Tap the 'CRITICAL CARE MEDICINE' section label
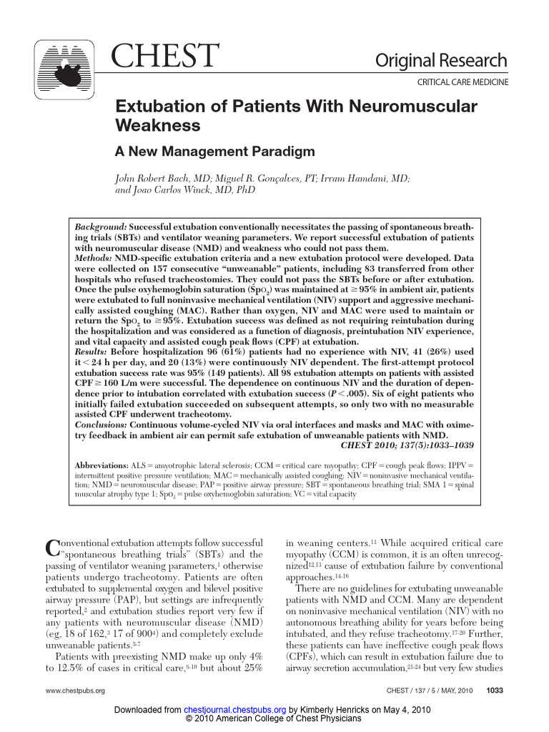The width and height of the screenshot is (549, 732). click(x=463, y=83)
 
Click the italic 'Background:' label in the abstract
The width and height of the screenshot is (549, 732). click(x=101, y=226)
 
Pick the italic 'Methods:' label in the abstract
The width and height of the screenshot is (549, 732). click(x=94, y=257)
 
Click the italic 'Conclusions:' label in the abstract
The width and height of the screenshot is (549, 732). click(x=102, y=423)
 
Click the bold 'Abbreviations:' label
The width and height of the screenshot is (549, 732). click(x=101, y=465)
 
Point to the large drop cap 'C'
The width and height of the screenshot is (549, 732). click(x=51, y=548)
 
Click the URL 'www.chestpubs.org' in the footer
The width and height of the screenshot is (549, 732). click(x=75, y=691)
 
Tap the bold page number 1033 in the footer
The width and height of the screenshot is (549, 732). click(x=495, y=691)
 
